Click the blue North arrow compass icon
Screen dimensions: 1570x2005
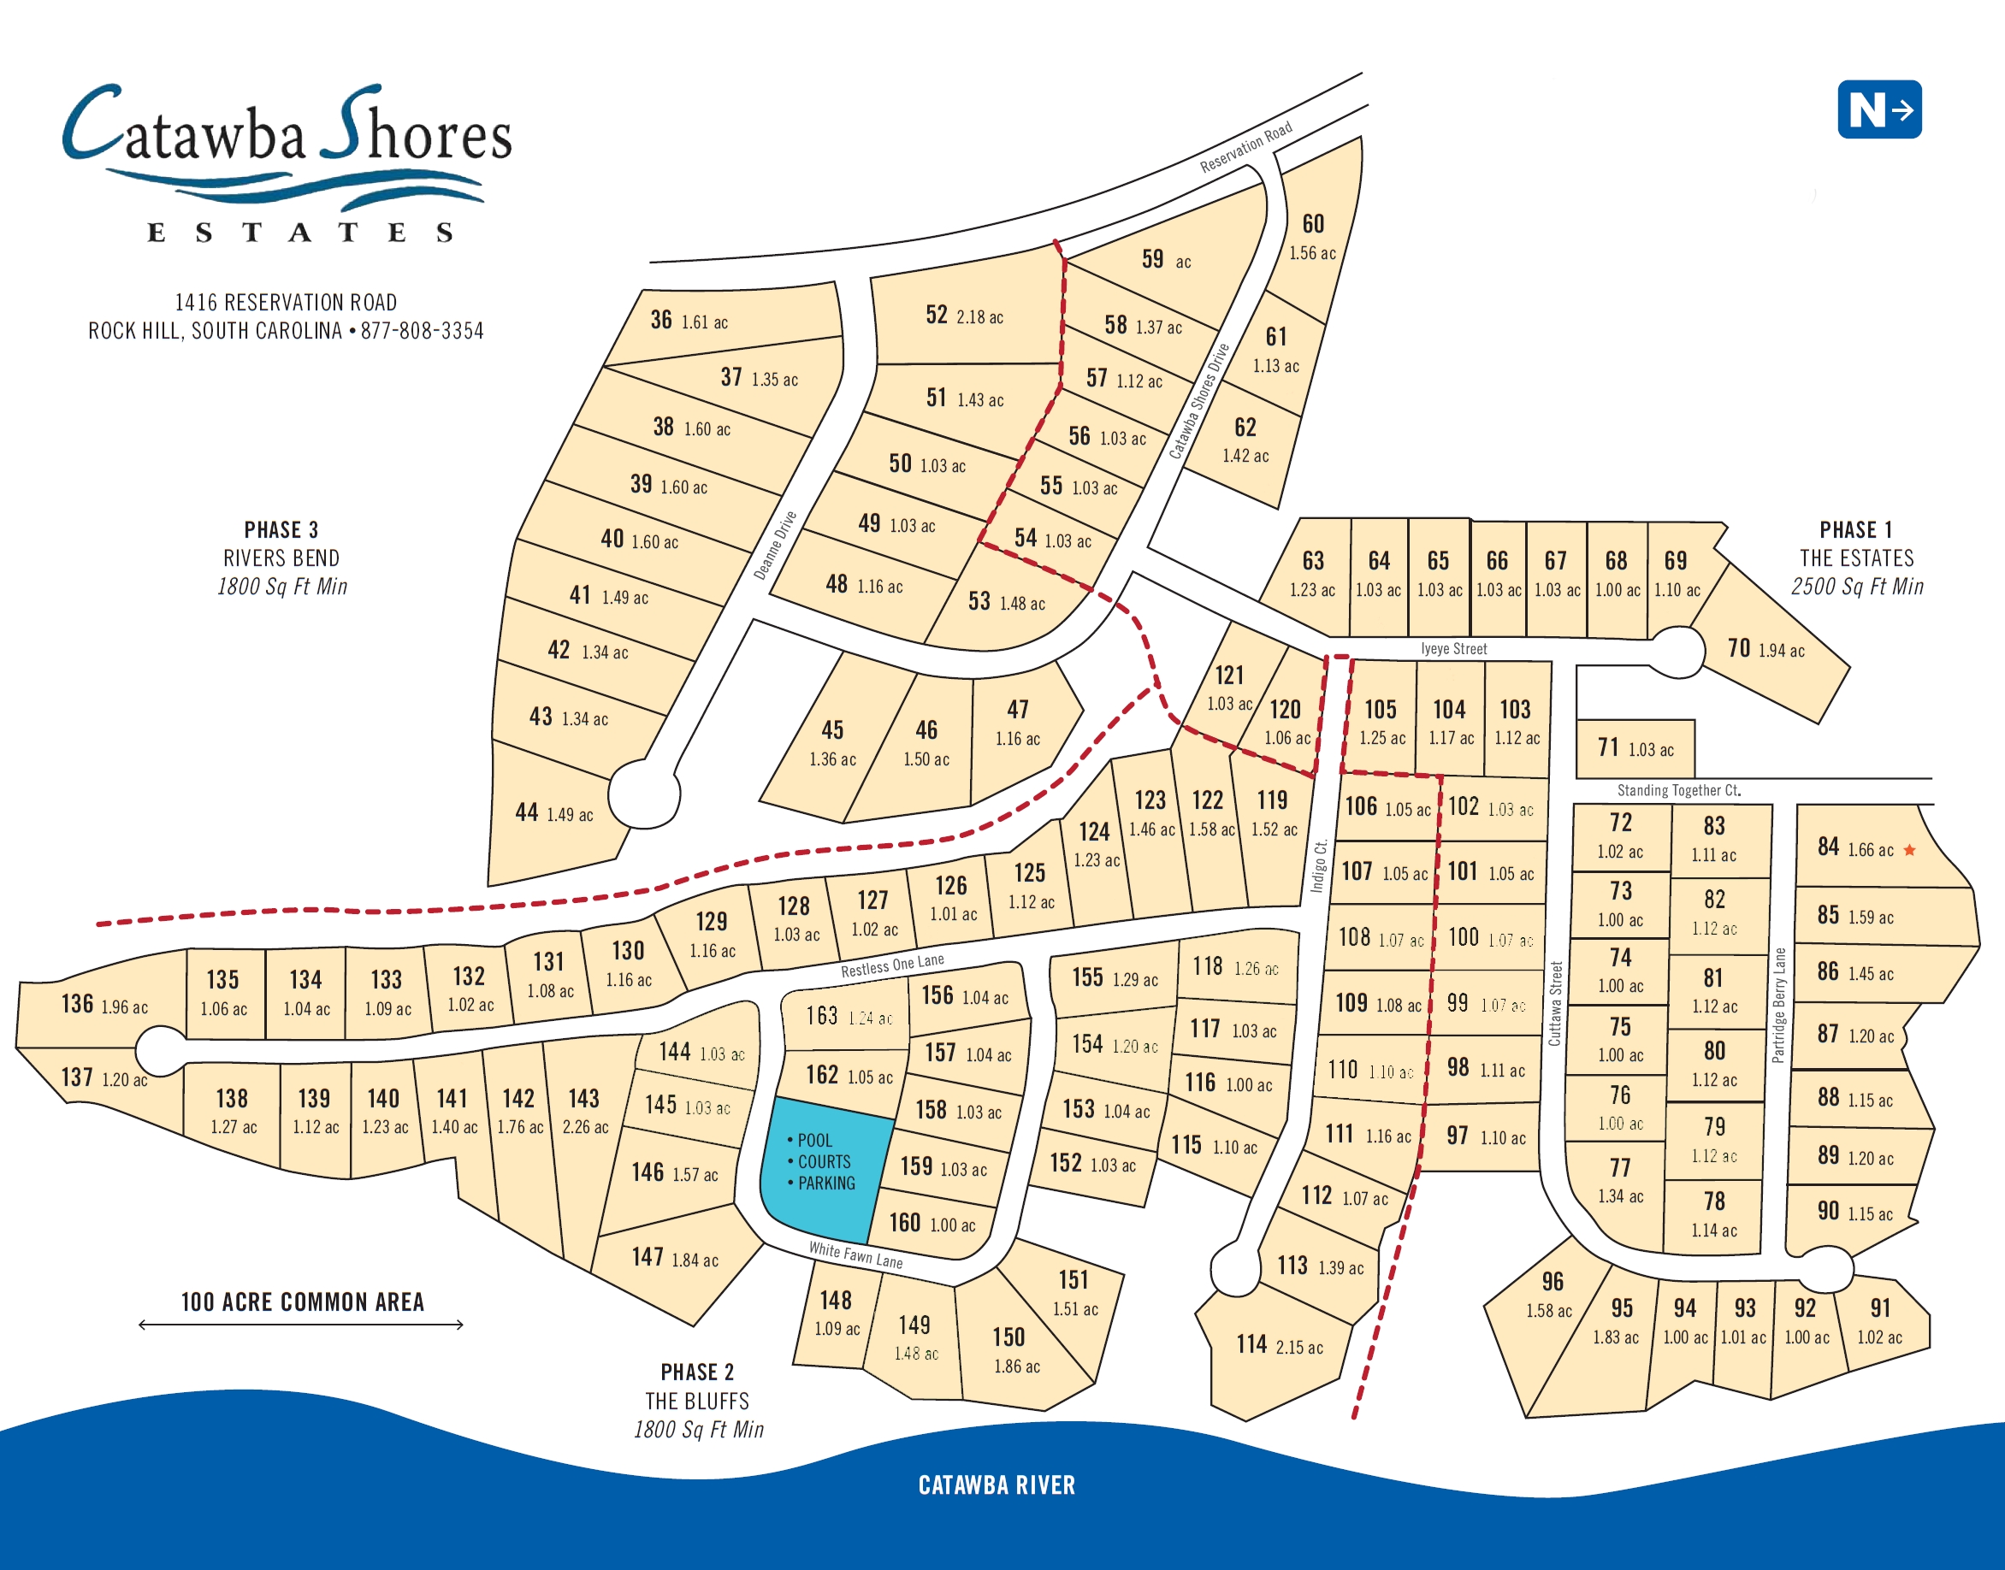click(x=1878, y=109)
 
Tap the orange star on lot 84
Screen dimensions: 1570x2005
click(x=1909, y=850)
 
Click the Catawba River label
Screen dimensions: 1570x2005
click(x=997, y=1485)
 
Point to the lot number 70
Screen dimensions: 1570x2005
click(x=1738, y=648)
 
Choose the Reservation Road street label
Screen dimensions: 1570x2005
click(x=1245, y=147)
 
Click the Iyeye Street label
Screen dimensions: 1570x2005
click(x=1453, y=649)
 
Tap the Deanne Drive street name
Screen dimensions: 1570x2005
click(x=775, y=545)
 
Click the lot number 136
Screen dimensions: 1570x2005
click(x=77, y=1004)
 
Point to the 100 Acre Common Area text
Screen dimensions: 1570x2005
click(x=303, y=1301)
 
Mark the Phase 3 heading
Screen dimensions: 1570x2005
click(x=281, y=529)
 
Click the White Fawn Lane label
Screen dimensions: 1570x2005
click(x=855, y=1254)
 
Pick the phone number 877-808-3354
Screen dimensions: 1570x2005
click(x=422, y=331)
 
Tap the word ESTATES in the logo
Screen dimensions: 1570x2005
click(x=299, y=233)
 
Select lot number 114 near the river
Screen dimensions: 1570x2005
click(x=1251, y=1345)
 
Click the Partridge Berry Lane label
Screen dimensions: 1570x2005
click(x=1779, y=1006)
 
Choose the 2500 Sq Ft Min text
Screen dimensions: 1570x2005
click(x=1856, y=587)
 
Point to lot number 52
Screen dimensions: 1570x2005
click(x=936, y=315)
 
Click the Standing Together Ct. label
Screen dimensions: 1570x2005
click(x=1678, y=790)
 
